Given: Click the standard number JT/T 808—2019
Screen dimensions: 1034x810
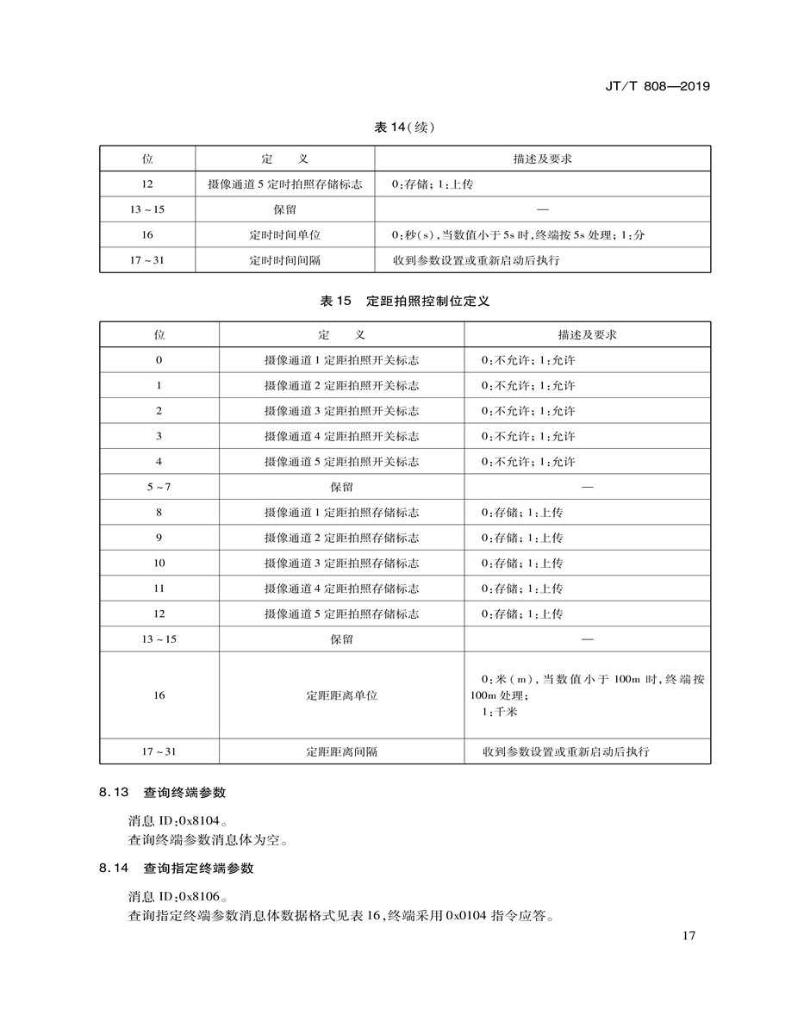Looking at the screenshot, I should [657, 87].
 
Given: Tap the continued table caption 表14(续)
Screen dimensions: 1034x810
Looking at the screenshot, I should [404, 128].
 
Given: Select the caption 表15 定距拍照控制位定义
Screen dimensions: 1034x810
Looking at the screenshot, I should [405, 302].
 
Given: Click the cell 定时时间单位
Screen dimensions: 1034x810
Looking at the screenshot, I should [284, 235].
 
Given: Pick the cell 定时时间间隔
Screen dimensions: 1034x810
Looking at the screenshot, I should [284, 260].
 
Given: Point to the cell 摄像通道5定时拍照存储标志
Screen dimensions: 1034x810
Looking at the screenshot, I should [284, 184].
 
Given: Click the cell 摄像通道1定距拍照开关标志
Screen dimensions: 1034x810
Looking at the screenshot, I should [341, 360].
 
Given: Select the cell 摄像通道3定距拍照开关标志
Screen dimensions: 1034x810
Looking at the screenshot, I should [341, 411].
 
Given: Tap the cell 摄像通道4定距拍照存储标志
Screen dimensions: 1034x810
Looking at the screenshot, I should [341, 589].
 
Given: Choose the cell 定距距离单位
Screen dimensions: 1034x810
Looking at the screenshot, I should [341, 695].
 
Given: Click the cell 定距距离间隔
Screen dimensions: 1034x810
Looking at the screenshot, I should [341, 751].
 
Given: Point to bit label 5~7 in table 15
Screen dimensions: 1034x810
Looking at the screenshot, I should [159, 487].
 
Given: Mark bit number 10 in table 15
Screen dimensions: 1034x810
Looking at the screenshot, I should [159, 564].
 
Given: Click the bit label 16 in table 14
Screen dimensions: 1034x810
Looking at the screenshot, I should [147, 235].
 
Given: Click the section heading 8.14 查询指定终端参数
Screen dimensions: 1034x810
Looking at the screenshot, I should [176, 869].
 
